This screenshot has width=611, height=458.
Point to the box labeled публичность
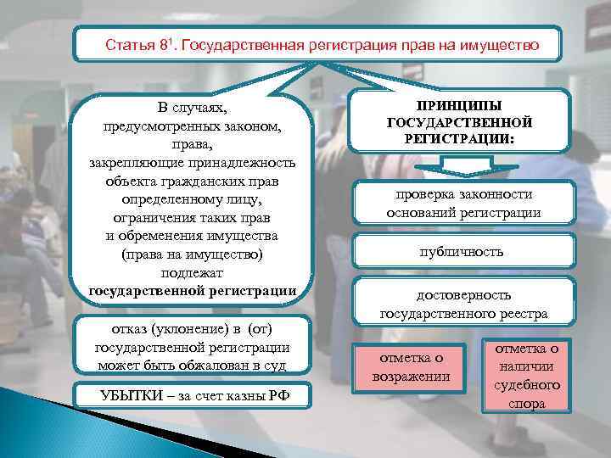tap(462, 251)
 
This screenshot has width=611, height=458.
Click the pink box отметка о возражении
tap(411, 366)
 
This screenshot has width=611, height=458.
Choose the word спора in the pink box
tap(526, 404)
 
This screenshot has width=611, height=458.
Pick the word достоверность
tap(462, 295)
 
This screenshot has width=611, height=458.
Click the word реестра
tap(519, 313)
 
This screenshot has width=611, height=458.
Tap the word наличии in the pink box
tap(526, 366)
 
